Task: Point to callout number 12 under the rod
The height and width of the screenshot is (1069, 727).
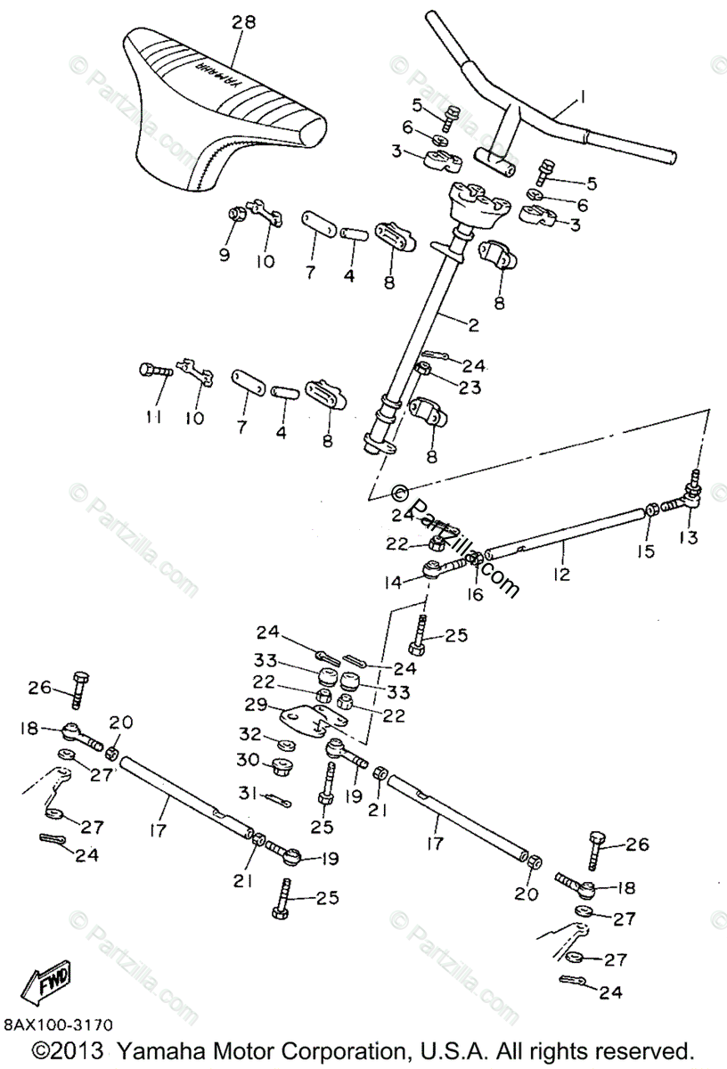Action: point(560,575)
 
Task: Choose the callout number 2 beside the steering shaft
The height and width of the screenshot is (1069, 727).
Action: point(473,326)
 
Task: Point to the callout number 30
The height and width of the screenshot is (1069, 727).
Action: point(247,760)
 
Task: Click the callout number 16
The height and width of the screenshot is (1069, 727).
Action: point(475,593)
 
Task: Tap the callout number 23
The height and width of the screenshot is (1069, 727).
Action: point(470,388)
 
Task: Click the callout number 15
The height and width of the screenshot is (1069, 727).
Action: point(646,551)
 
